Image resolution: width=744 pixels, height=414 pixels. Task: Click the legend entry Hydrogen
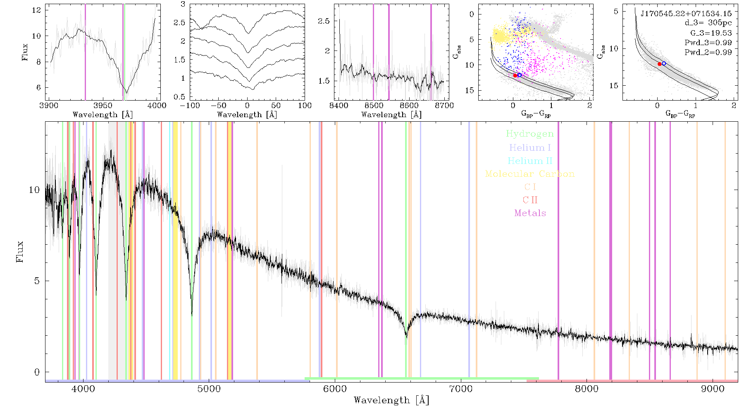point(529,134)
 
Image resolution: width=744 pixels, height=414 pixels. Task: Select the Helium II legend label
point(530,161)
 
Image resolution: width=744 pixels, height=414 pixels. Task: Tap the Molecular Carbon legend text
point(530,174)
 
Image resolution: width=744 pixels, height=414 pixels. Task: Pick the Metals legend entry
point(530,213)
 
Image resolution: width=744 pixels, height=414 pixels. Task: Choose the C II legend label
point(530,200)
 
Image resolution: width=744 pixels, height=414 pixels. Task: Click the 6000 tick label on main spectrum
point(335,389)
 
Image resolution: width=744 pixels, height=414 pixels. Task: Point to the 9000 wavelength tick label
point(713,389)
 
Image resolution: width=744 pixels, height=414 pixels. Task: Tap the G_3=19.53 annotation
point(711,33)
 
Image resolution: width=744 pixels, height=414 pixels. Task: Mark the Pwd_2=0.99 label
point(708,53)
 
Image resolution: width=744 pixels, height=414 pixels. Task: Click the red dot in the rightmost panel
point(659,64)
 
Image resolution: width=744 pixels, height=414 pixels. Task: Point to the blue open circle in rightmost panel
point(664,63)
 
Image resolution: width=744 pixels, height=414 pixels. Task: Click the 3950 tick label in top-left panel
point(103,106)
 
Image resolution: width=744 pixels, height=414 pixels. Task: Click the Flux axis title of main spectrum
point(19,251)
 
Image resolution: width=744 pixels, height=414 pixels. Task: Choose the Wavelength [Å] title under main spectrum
point(391,400)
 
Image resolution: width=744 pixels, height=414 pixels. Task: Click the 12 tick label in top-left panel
point(37,10)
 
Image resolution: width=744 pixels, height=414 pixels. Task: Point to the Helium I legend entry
point(530,147)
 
